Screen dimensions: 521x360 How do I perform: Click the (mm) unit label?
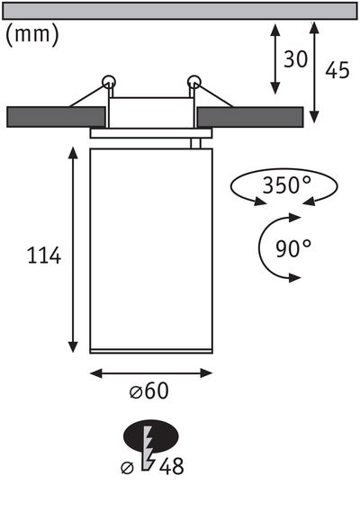(32, 35)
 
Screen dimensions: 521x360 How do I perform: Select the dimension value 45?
(337, 71)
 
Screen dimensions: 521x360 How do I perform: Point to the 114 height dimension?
(43, 256)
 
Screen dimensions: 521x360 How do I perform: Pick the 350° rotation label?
(286, 186)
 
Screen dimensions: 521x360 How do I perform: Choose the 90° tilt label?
(292, 248)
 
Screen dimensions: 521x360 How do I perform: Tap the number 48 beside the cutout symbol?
(173, 466)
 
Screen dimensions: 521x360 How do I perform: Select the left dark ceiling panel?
(56, 117)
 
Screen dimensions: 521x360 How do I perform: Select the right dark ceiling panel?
(249, 117)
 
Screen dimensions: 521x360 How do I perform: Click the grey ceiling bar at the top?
(180, 11)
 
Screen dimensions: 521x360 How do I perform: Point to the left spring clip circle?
(109, 82)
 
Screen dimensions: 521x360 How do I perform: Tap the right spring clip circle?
(193, 82)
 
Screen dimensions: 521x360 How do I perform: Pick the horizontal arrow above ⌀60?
(150, 372)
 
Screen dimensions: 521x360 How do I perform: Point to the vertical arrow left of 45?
(314, 70)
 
